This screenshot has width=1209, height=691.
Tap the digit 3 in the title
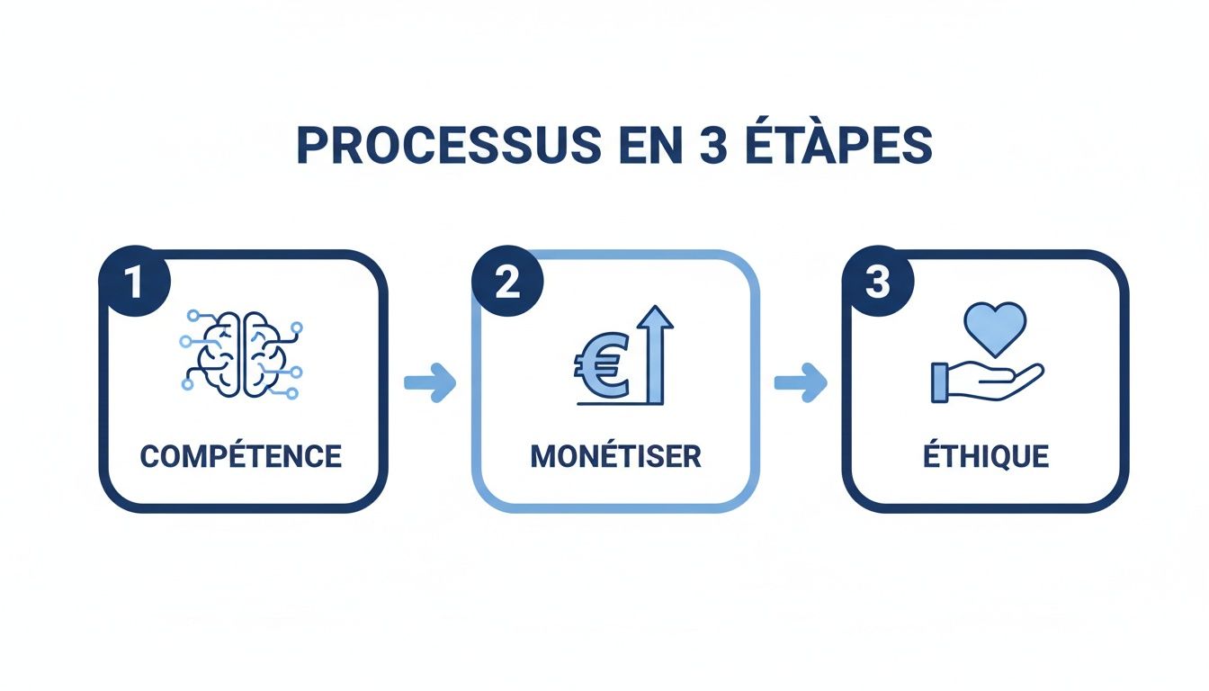click(712, 147)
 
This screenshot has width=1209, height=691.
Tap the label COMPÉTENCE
click(241, 455)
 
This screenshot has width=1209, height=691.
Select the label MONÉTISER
click(615, 455)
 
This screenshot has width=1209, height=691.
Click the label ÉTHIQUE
click(986, 455)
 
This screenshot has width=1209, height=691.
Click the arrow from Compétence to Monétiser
click(430, 382)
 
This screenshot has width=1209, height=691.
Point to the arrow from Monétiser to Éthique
click(801, 382)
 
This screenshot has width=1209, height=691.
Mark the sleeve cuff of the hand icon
click(940, 381)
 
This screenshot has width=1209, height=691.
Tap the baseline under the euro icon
click(621, 404)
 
